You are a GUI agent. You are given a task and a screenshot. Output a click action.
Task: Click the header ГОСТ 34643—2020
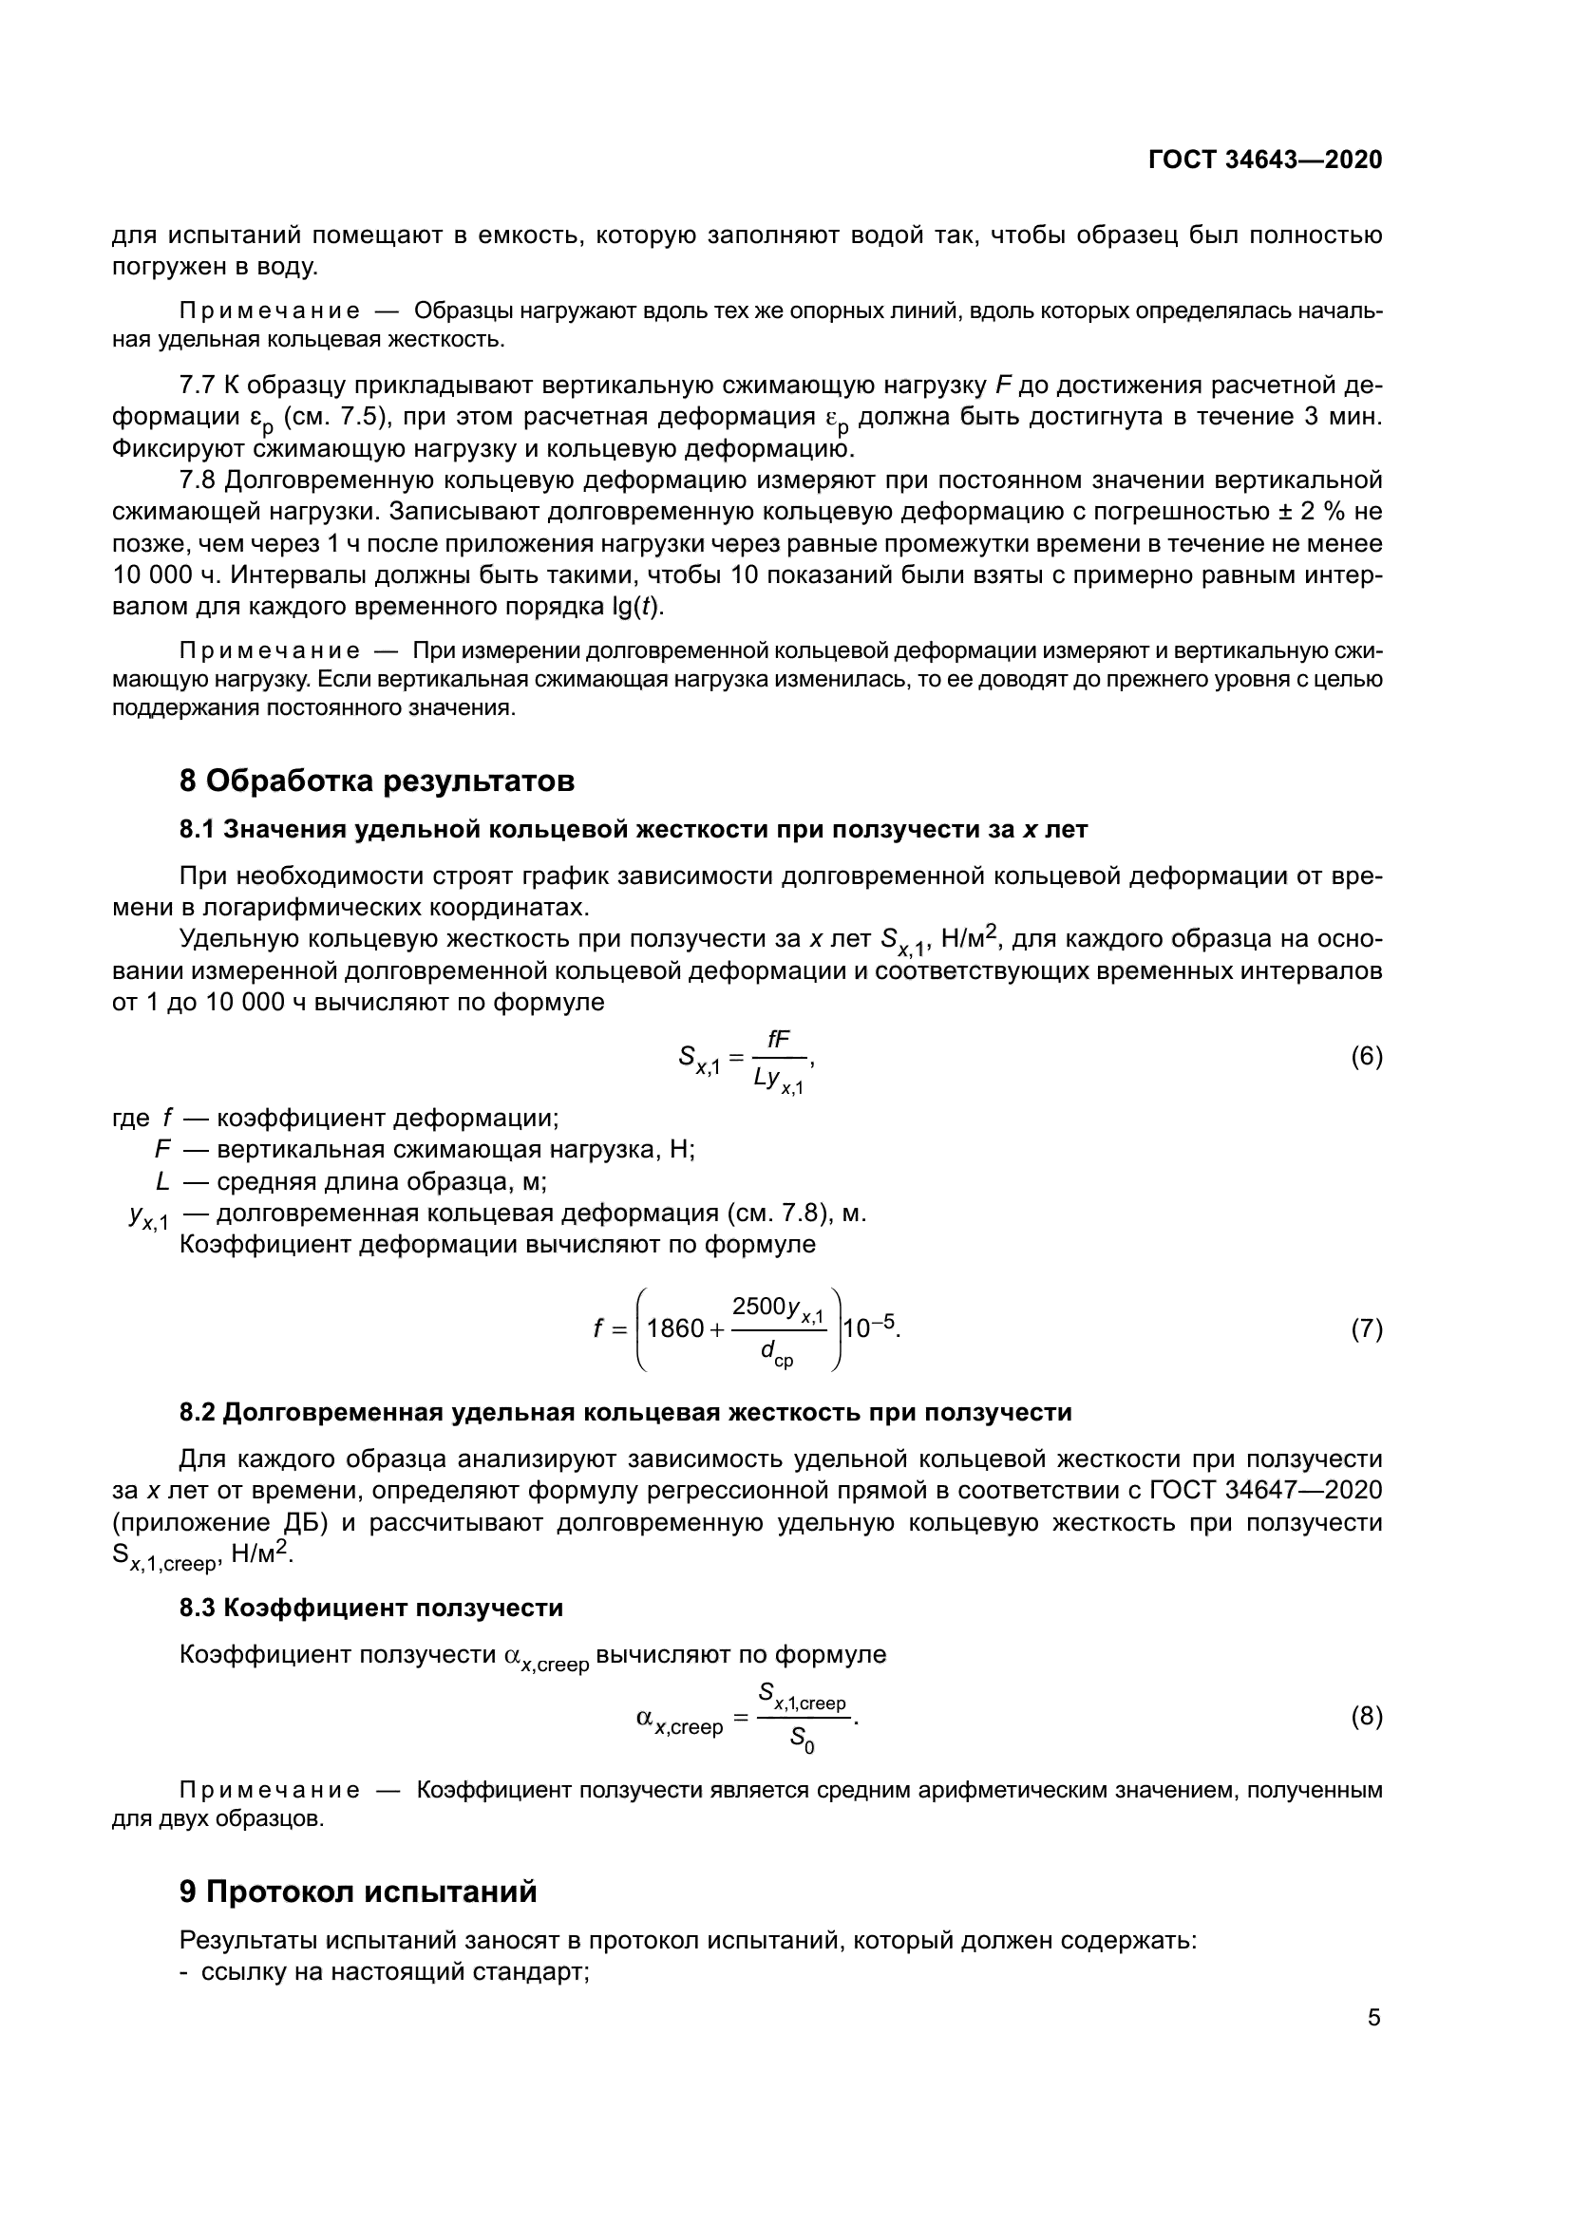pos(1265,160)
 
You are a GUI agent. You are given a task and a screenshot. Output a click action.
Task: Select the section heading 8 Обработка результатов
pos(376,780)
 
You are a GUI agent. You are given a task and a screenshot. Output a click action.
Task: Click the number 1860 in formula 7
pos(675,1329)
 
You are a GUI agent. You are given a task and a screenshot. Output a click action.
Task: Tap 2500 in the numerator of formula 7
pos(758,1308)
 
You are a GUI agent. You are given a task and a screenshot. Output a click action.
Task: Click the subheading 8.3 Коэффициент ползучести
pos(370,1609)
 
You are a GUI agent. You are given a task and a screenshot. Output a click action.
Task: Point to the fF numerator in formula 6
pos(778,1039)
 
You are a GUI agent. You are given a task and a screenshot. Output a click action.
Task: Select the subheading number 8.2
pos(199,1412)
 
